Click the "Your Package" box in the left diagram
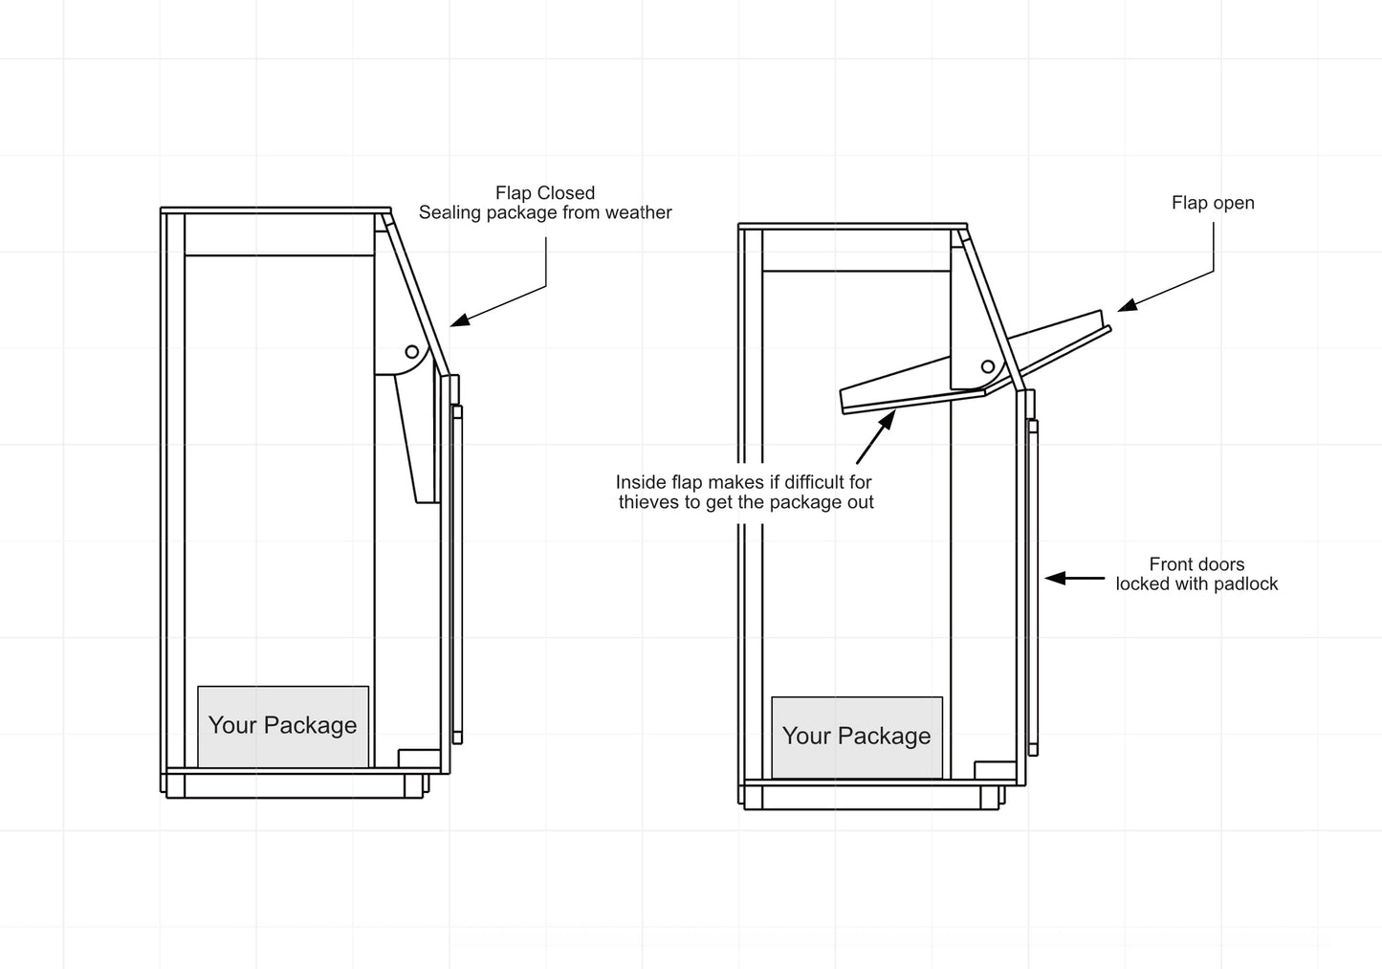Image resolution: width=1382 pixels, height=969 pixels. pos(283,726)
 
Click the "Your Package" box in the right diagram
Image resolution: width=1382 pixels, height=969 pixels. pos(857,737)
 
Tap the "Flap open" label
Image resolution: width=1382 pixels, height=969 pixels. pos(1213,203)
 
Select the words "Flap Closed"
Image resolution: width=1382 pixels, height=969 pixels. pos(545,193)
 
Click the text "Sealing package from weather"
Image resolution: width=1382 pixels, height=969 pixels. pos(545,213)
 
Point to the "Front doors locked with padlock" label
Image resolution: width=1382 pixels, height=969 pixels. pos(1196,574)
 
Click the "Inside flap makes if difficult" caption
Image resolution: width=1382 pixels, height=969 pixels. pos(744,482)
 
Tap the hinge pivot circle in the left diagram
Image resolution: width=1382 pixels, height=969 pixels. pos(411,352)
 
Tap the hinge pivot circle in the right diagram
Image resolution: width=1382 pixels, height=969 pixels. pos(988,367)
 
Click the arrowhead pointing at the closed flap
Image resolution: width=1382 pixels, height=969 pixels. pos(458,320)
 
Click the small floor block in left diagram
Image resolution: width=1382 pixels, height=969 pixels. pos(419,758)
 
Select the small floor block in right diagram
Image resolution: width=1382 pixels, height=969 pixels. pos(995,770)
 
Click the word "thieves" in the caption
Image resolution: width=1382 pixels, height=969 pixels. pos(647,502)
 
